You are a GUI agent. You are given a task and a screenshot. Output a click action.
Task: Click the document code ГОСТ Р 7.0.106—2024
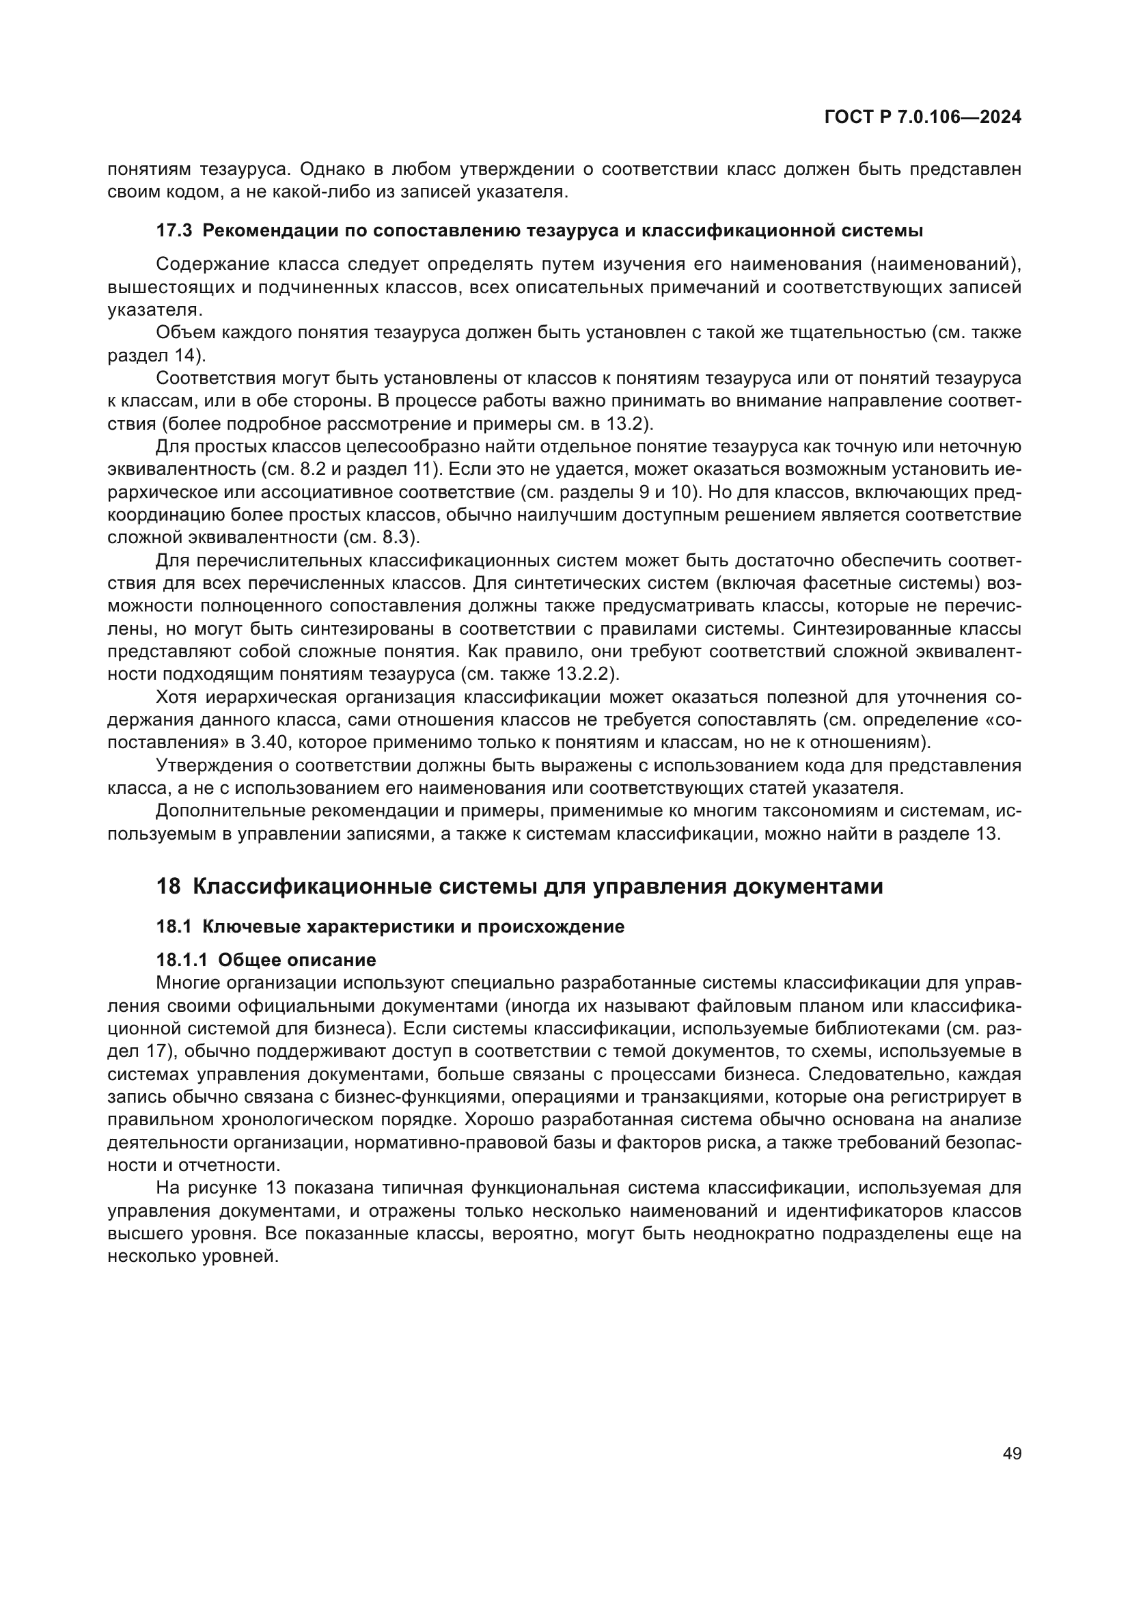coord(922,118)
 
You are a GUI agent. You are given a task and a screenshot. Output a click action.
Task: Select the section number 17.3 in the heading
coord(174,231)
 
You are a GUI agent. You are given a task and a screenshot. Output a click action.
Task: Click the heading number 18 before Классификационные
coord(168,887)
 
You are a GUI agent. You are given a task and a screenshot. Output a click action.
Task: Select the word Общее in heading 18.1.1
coord(249,961)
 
